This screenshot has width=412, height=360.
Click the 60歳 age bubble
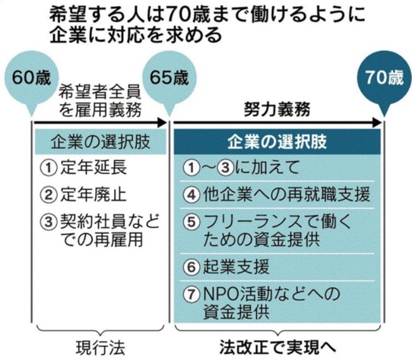(31, 79)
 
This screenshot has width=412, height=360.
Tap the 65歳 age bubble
(170, 79)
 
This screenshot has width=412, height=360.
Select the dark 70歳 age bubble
(384, 79)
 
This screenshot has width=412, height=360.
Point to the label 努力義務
(277, 109)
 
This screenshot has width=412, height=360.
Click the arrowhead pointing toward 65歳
(162, 122)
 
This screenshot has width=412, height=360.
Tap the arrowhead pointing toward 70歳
(376, 122)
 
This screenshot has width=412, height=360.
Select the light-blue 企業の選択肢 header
(100, 142)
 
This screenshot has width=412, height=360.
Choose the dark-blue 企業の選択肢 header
(277, 142)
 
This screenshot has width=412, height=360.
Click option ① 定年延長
(84, 168)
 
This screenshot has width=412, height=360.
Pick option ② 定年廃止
(84, 194)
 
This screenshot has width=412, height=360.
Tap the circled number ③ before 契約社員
(49, 222)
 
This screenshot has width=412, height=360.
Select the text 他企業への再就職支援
(287, 194)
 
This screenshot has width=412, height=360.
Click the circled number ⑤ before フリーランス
(192, 222)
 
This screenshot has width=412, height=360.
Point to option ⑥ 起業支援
(227, 267)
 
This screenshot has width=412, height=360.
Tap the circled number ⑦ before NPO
(192, 294)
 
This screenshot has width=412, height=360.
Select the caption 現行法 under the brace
(100, 348)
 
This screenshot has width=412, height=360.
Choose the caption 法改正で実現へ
(277, 347)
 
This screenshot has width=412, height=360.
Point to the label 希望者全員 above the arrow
(100, 92)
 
